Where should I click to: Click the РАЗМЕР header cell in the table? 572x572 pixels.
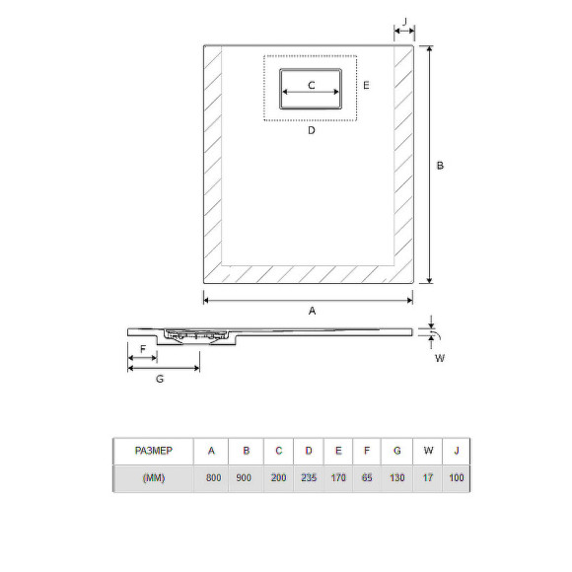152,451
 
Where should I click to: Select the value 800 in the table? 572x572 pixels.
212,478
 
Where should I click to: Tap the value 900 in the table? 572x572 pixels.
246,478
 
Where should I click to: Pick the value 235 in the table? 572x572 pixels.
309,478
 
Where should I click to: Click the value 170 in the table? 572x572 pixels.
338,478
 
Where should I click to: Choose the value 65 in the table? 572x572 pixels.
367,478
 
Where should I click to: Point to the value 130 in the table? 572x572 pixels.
396,478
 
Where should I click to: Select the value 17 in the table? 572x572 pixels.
428,478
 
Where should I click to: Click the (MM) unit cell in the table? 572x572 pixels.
152,478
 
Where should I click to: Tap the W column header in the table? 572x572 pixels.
428,451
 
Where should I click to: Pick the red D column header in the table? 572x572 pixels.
309,451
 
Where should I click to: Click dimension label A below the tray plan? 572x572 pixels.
312,311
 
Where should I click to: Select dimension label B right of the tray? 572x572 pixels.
440,166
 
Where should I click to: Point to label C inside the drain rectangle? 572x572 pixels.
311,86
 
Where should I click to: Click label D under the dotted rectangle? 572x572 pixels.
311,130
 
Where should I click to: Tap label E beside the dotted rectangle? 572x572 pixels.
365,86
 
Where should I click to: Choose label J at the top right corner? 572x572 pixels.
404,20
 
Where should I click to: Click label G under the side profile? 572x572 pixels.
160,380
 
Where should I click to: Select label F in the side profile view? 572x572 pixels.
143,350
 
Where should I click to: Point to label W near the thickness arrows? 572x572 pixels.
440,358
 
